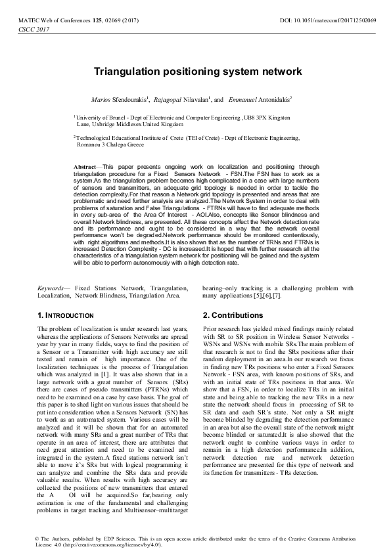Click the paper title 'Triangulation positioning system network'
click(195, 70)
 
